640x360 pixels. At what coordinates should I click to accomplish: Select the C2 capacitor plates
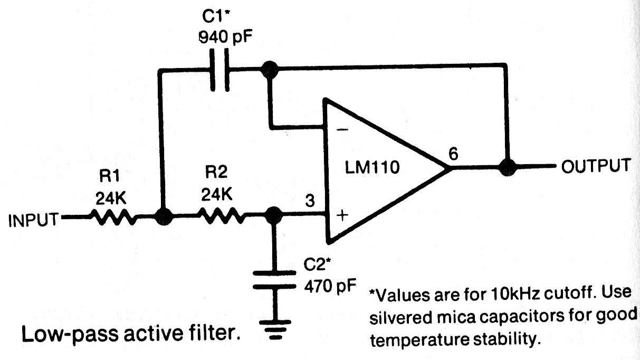pos(274,279)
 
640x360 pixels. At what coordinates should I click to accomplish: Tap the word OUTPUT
pos(595,165)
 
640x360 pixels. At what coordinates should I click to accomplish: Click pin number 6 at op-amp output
pos(453,154)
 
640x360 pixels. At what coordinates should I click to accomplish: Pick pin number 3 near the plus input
pos(310,201)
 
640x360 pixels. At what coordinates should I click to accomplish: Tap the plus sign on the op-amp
pos(342,215)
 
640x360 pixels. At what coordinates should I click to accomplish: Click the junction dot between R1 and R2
pos(164,216)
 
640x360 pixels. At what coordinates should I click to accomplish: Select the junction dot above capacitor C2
pos(273,215)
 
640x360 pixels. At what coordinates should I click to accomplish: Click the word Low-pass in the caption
pos(60,334)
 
